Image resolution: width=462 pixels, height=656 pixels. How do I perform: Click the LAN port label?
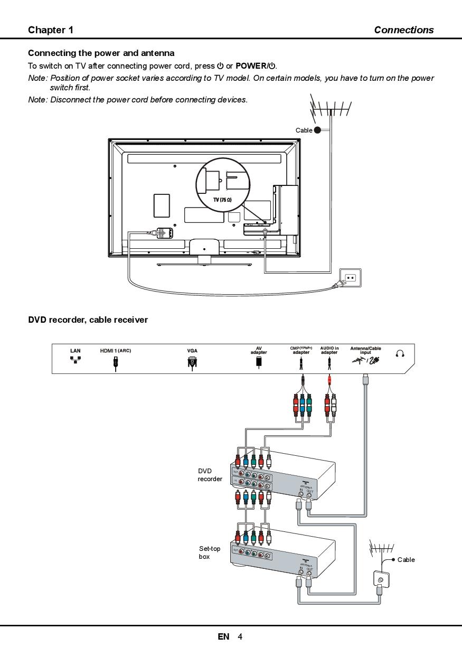point(76,350)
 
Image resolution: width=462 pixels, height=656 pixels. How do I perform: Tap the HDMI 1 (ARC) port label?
point(116,350)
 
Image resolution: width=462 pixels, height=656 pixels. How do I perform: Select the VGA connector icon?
point(192,362)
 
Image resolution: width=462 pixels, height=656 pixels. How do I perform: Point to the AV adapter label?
point(259,350)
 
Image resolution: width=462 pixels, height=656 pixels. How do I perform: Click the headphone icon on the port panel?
point(400,354)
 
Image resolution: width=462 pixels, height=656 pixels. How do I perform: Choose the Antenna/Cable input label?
point(365,350)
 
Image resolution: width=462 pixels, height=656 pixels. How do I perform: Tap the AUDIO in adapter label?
point(329,350)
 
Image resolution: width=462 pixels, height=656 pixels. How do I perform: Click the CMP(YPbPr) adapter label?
point(301,350)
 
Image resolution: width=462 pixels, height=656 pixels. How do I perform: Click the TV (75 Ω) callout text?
point(222,200)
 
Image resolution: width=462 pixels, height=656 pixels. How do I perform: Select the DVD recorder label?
point(210,475)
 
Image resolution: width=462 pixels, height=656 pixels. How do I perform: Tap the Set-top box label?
point(210,552)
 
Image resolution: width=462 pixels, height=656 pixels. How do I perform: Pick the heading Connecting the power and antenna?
point(101,53)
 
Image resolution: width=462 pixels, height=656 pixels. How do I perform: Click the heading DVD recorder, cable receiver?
point(88,320)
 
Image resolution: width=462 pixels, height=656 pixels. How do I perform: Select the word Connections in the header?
point(403,30)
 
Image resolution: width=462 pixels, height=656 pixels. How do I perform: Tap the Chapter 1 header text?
point(51,30)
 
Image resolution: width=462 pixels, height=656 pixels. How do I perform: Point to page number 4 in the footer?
point(240,636)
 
